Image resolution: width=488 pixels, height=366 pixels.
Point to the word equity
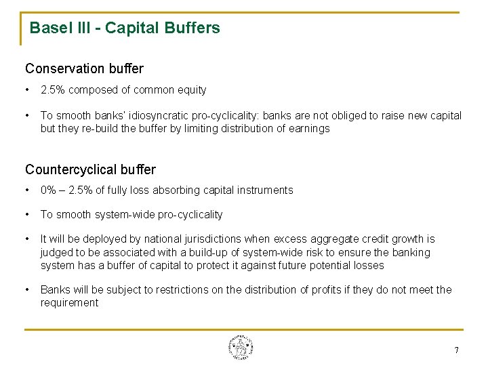click(x=192, y=90)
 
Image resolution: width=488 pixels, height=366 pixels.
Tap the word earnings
click(x=310, y=129)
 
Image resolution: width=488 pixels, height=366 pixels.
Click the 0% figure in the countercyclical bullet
click(x=49, y=190)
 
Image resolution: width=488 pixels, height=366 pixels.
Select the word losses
click(x=368, y=266)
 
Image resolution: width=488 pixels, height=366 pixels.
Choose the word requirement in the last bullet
click(x=69, y=303)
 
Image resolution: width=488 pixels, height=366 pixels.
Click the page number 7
click(x=456, y=350)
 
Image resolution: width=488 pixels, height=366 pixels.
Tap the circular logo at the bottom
click(x=241, y=348)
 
